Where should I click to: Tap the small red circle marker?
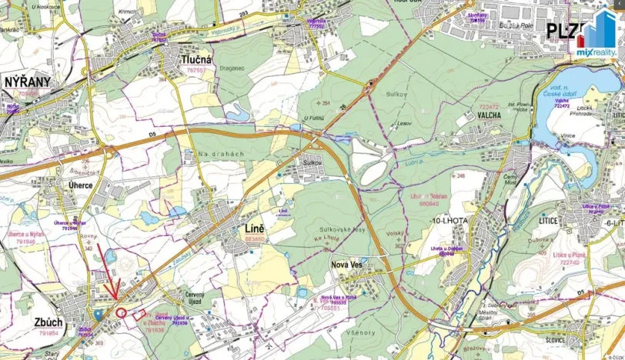tap(121, 312)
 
